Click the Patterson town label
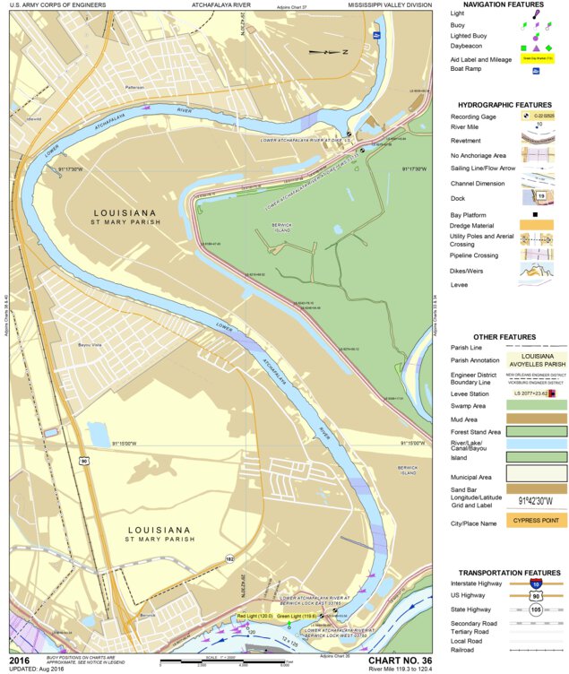click(x=134, y=87)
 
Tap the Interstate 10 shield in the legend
click(x=535, y=583)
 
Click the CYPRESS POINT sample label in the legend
click(x=535, y=520)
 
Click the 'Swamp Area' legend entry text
click(x=469, y=405)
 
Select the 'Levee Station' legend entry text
click(x=471, y=393)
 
